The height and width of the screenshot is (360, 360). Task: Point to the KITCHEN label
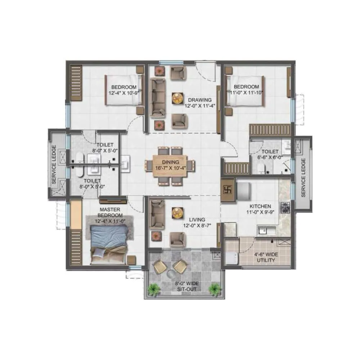point(260,206)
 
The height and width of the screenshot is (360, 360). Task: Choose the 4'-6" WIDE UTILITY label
point(267,257)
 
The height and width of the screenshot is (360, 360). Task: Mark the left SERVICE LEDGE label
point(54,164)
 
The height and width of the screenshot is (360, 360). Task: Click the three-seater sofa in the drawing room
point(158,97)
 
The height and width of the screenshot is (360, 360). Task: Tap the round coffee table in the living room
point(177,213)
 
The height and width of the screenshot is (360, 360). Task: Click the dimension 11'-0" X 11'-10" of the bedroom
point(247,92)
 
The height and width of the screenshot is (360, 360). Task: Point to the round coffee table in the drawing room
point(177,98)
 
